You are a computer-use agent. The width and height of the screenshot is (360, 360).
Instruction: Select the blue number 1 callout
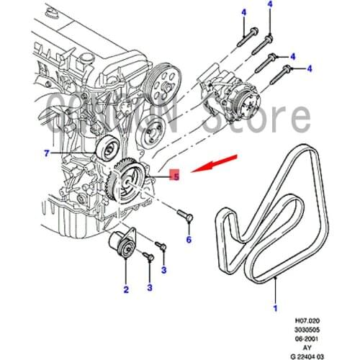274,308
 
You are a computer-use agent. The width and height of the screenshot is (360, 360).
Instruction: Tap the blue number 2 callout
125,290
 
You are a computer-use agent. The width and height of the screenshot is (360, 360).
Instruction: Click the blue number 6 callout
189,239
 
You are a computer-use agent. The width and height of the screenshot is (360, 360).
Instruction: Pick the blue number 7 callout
46,153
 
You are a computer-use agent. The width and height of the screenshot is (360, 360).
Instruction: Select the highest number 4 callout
270,5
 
